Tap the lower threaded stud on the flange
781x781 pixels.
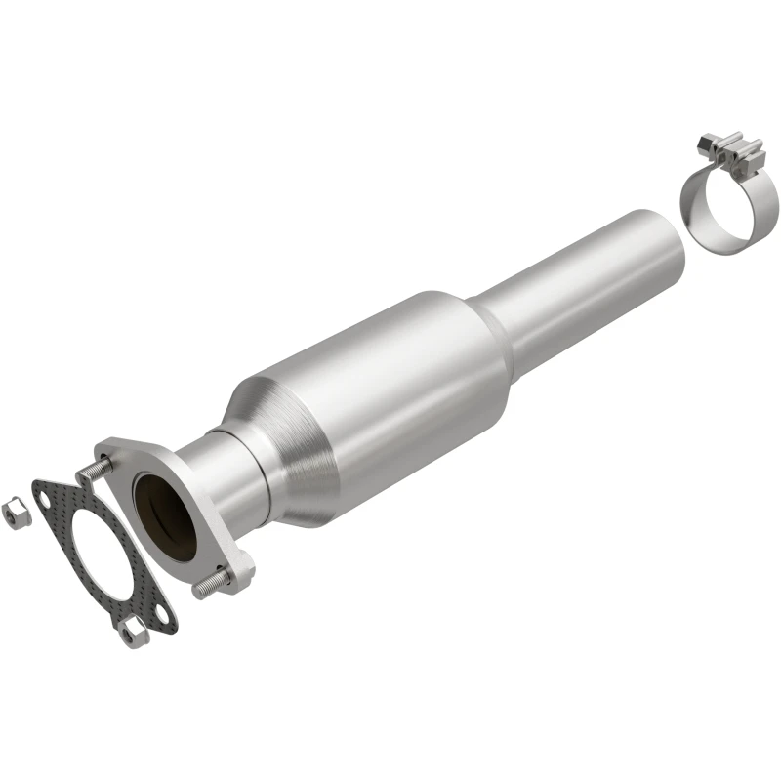[x=207, y=587]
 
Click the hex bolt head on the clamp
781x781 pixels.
[x=704, y=146]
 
